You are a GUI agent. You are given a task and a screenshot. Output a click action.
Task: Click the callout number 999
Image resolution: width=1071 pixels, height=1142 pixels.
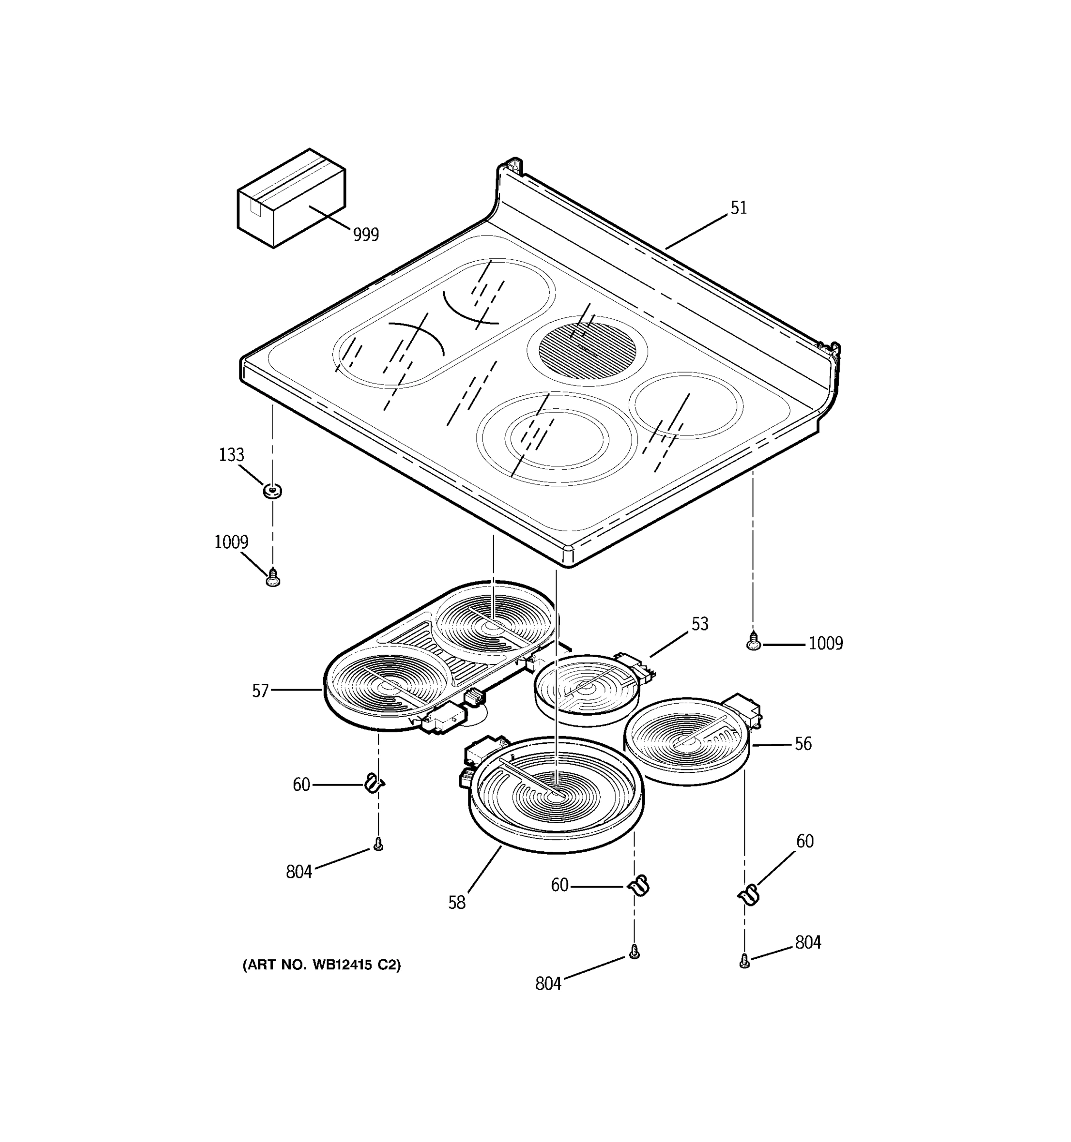coord(366,235)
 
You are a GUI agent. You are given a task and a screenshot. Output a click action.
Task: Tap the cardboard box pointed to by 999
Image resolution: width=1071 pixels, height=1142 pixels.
coord(290,198)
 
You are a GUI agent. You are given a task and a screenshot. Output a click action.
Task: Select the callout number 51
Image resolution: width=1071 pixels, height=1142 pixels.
coord(738,208)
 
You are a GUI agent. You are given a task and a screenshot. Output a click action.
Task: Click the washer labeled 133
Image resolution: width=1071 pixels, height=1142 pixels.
coord(272,491)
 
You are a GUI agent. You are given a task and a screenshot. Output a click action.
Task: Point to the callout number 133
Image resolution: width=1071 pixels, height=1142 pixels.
coord(231,455)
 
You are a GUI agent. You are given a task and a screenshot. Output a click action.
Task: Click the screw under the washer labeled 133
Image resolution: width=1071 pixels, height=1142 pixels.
coord(274,578)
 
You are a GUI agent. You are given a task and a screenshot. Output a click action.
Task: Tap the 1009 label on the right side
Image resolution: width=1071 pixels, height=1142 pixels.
coord(826,643)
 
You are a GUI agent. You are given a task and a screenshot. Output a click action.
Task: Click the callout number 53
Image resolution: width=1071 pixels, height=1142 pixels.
coord(699,624)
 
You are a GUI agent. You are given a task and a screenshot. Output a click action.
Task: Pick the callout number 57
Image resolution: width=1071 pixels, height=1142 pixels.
coord(260,690)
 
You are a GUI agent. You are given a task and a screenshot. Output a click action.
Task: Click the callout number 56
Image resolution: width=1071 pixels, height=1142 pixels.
coord(803,744)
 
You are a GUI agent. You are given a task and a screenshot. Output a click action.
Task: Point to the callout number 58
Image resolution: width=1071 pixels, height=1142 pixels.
coord(457,903)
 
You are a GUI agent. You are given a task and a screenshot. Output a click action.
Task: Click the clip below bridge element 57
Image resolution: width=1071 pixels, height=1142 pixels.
coord(374,783)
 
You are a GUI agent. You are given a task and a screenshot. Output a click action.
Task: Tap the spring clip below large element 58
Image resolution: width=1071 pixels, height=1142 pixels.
coord(639,885)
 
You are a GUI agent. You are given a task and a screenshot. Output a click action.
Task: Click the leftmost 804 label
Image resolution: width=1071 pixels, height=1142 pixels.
coord(299,872)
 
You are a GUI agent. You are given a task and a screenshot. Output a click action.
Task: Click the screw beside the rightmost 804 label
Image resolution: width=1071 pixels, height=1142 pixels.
coord(744,961)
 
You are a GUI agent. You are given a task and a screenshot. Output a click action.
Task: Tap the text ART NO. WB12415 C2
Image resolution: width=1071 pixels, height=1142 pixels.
coord(322,965)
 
